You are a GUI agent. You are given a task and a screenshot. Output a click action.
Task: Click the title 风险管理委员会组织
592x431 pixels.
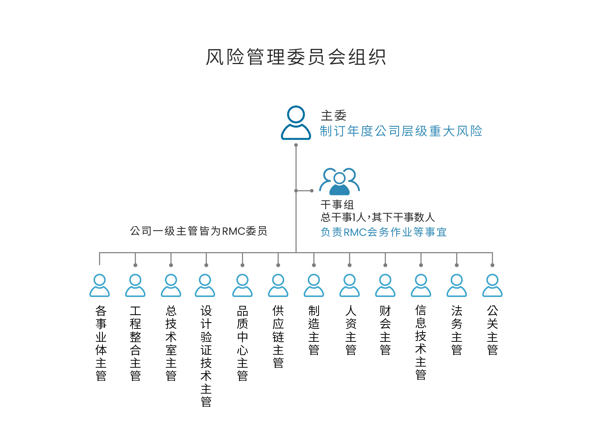296,57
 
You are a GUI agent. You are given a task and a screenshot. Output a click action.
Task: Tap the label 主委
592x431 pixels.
333,116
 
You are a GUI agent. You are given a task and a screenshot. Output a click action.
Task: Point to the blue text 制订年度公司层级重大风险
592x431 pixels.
401,131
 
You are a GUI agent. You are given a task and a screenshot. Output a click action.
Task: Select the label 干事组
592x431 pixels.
337,205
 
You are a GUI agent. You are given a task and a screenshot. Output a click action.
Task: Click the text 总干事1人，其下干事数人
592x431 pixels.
378,217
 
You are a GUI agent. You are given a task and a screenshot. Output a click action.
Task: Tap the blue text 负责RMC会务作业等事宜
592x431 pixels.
384,232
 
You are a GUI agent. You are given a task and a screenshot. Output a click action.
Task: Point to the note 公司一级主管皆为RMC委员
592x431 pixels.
199,231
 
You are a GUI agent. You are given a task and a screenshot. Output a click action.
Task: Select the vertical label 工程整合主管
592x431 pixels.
135,343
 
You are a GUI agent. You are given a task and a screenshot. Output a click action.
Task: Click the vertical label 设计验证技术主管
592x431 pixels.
206,356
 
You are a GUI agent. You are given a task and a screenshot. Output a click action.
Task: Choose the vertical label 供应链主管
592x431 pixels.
278,337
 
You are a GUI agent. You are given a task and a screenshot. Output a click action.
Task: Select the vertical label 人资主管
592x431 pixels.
351,330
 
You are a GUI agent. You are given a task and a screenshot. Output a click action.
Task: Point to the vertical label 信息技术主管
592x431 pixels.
421,343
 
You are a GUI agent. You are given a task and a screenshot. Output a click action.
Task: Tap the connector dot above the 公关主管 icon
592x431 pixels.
492,265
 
